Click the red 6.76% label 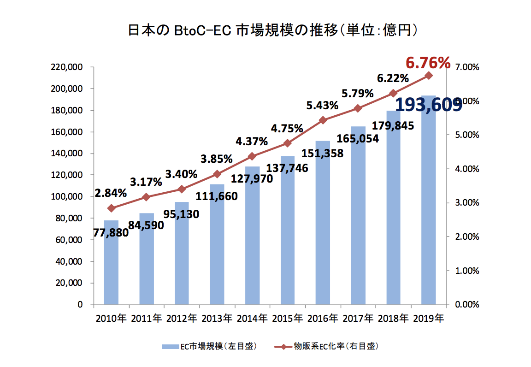tap(428, 63)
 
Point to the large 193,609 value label tap(429, 105)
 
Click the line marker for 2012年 tap(182, 189)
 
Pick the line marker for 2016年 tap(323, 120)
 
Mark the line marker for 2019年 tap(429, 75)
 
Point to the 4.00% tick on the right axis tap(467, 169)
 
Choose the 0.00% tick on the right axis tap(467, 305)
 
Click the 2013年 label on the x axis tap(218, 319)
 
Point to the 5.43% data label tap(322, 106)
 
